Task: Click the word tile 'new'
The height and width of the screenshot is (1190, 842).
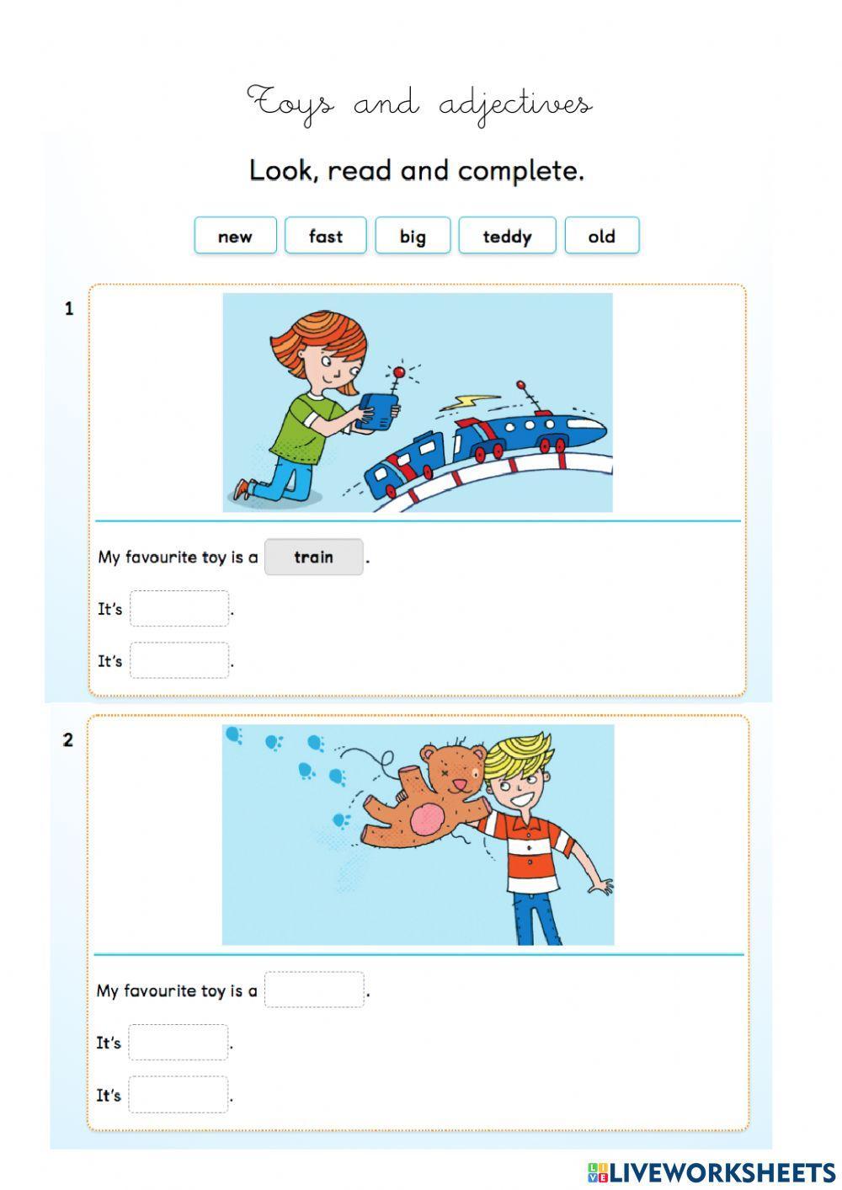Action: coord(235,236)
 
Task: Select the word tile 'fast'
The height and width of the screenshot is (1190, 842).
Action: coord(325,236)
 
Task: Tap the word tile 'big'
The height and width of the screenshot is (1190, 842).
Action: coord(413,236)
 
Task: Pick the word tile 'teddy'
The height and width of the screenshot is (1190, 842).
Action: coord(507,236)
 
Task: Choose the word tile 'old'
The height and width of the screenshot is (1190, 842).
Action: coord(601,236)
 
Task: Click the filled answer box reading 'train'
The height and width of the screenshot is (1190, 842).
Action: coord(313,557)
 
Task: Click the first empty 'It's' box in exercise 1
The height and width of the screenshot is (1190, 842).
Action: coord(179,609)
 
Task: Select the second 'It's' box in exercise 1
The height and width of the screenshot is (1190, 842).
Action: coord(179,661)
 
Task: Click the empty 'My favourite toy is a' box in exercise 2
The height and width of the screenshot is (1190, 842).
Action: coord(314,990)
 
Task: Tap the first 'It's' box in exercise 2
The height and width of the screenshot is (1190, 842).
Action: coord(179,1043)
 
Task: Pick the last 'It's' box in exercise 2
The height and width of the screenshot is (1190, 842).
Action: coord(179,1095)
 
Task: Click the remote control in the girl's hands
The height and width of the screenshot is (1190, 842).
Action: coord(376,413)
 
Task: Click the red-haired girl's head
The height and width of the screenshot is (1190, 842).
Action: coord(325,350)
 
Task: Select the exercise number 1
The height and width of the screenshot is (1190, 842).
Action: coord(69,309)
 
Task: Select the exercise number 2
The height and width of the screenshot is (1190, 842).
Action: coord(68,740)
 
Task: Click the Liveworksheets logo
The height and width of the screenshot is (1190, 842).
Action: coord(711,1171)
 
